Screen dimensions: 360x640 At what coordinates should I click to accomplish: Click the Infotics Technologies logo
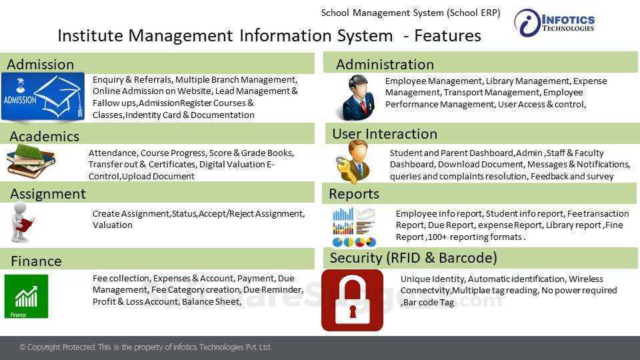(x=555, y=23)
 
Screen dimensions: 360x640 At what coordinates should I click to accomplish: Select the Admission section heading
(x=40, y=65)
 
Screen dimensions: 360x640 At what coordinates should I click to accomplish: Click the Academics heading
(x=44, y=137)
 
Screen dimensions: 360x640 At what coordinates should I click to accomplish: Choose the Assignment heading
(x=47, y=194)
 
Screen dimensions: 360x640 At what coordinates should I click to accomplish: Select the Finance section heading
(x=36, y=261)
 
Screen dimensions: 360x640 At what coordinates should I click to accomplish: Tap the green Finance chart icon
(x=26, y=296)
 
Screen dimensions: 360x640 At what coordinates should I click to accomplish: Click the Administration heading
(x=385, y=65)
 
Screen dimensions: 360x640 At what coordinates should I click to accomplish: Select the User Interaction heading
(x=385, y=134)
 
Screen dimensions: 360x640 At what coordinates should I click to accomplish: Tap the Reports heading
(x=354, y=194)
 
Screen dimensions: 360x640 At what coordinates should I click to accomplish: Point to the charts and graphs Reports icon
(x=354, y=227)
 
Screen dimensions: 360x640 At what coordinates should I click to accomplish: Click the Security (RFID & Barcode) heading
(x=413, y=258)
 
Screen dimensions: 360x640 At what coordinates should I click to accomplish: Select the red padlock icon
(x=352, y=300)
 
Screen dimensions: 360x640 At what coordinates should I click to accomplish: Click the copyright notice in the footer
(x=145, y=347)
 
